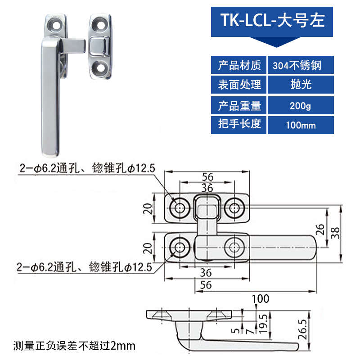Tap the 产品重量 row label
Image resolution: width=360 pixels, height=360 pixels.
239,106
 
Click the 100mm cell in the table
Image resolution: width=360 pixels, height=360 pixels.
300,125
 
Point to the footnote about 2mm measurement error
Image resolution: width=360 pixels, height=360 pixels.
74,346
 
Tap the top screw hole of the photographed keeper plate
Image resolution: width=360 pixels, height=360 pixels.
99,22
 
